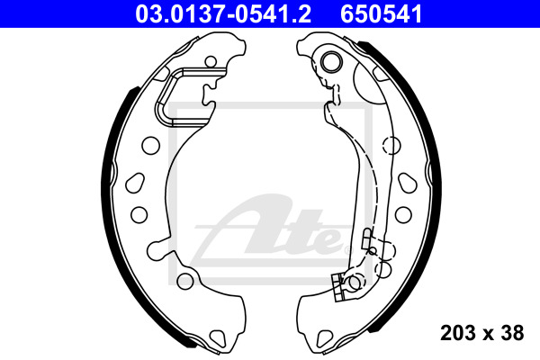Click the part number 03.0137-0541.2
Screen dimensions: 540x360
(x=223, y=14)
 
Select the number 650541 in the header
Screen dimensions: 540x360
(x=382, y=14)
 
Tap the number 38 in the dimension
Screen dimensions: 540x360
(x=512, y=333)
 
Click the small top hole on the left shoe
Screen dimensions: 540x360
(x=211, y=62)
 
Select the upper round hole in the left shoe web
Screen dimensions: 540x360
(x=150, y=146)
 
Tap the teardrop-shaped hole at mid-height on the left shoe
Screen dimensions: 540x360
(x=135, y=184)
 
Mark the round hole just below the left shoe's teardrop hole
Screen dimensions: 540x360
(x=139, y=214)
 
